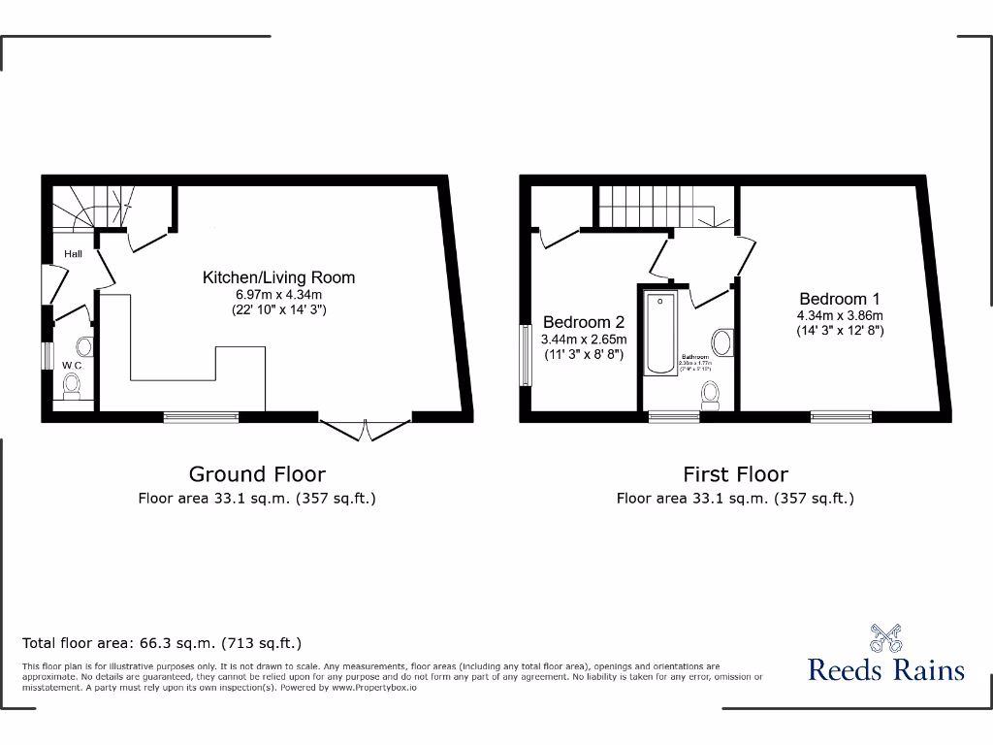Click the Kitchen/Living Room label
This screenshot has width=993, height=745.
pos(278,277)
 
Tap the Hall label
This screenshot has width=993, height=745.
pos(73,254)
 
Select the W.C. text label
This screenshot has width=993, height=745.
pos(73,366)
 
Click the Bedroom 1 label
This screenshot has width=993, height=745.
pos(840,299)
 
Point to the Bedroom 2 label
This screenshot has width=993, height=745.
pos(584,322)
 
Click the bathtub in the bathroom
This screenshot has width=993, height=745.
pos(660,333)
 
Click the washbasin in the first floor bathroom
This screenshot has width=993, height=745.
pos(722,342)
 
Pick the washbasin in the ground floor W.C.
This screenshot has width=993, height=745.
pos(83,347)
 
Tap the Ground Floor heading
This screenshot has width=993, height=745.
pos(257,474)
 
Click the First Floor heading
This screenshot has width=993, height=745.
pos(735,474)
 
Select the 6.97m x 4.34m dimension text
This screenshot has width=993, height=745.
pos(278,295)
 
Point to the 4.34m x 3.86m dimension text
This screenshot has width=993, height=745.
pos(840,315)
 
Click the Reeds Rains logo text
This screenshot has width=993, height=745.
pos(886,670)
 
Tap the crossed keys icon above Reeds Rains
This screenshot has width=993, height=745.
pos(886,637)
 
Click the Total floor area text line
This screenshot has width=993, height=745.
pos(162,643)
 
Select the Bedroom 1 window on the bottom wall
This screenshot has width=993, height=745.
pos(841,417)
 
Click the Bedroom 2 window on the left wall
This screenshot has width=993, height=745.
pos(527,354)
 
